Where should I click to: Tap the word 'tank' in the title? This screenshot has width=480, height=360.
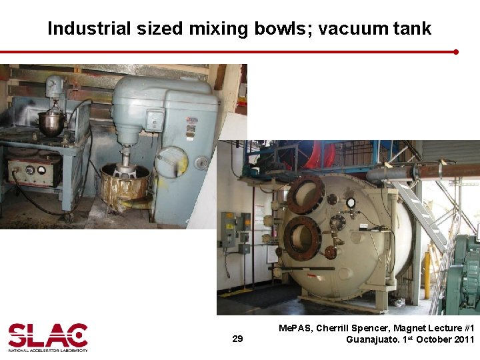pos(413,29)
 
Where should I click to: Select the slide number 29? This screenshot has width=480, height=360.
pos(237,339)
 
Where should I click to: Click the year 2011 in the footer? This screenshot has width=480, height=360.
pos(463,339)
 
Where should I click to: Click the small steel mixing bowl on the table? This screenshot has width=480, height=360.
pos(51,123)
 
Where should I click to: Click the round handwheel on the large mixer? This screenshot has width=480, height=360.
pos(172,161)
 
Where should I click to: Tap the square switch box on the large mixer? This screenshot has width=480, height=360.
pos(155,120)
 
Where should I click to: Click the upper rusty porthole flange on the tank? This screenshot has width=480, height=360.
pos(305,194)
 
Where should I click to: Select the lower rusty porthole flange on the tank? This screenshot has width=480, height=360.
pos(302,237)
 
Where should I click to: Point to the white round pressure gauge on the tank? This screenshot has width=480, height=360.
pos(351,203)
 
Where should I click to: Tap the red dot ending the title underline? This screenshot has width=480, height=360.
pos(456,51)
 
